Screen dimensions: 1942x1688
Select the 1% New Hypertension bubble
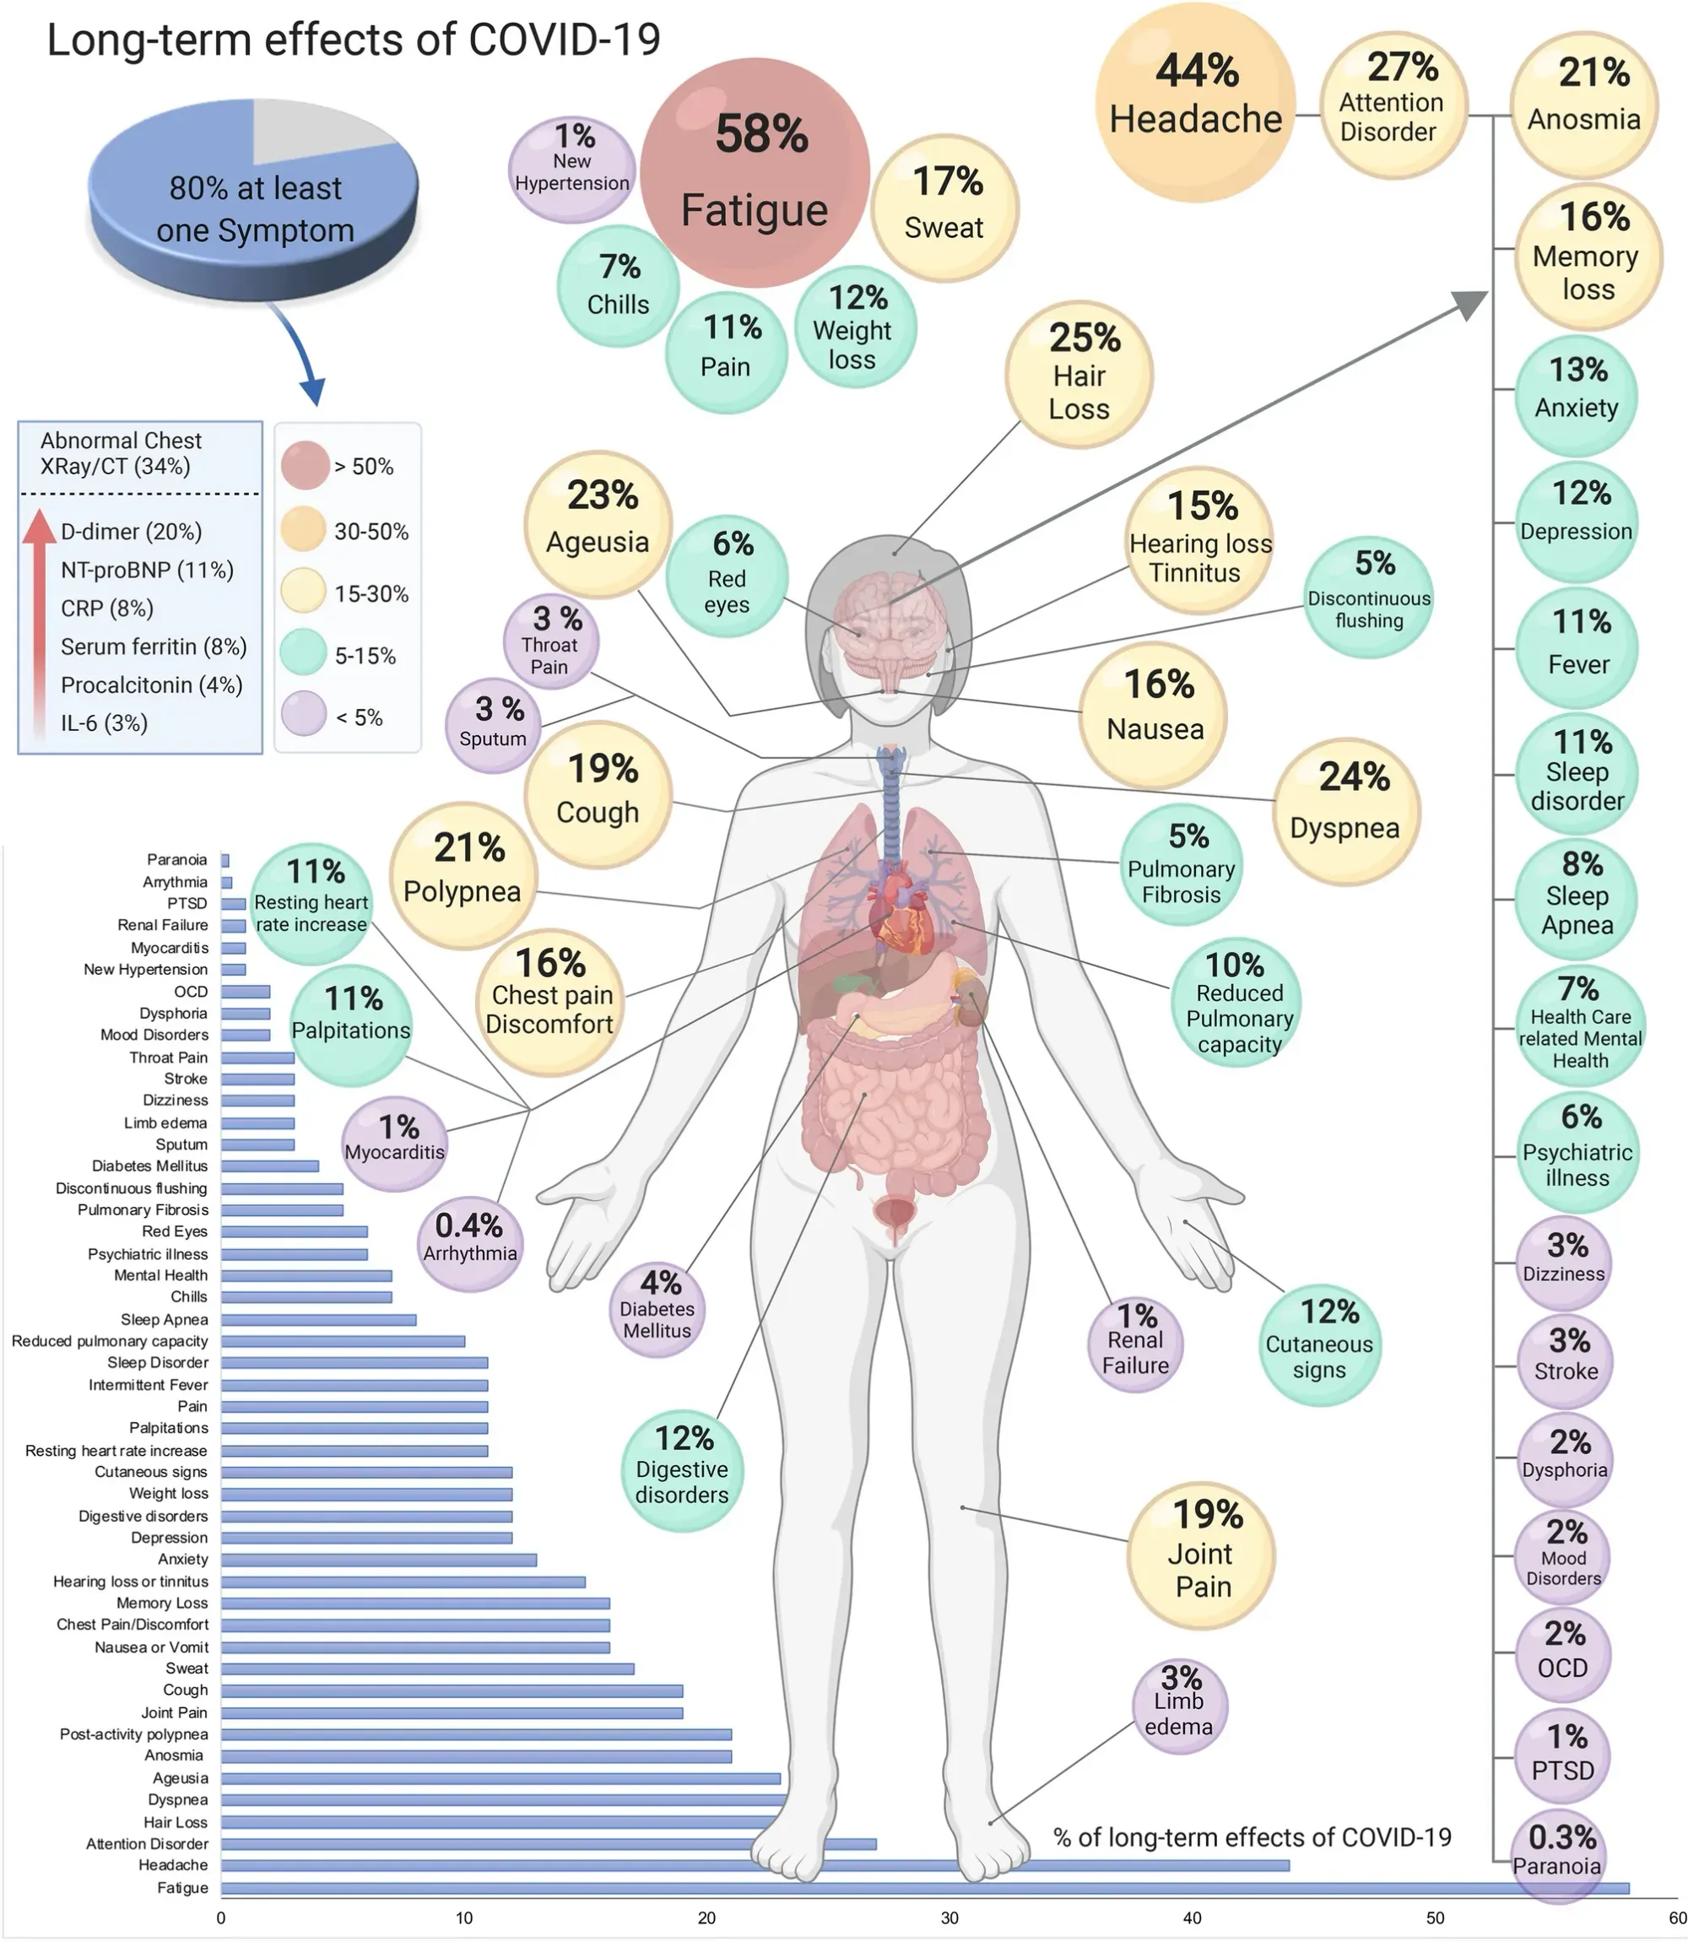(x=571, y=170)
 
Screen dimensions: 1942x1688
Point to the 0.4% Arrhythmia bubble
(x=469, y=1242)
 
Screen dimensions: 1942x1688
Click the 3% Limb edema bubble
(x=1179, y=1706)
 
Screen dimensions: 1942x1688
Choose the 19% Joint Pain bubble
(x=1201, y=1555)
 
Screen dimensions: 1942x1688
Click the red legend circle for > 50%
(x=304, y=465)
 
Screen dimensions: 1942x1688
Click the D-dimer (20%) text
(x=131, y=532)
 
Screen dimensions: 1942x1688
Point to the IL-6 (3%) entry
(x=104, y=723)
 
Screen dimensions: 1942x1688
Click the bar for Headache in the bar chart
(x=754, y=1864)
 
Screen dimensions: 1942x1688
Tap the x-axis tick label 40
(x=1193, y=1918)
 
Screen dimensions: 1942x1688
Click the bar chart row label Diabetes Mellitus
(x=149, y=1166)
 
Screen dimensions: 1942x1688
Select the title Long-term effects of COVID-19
(x=354, y=41)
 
